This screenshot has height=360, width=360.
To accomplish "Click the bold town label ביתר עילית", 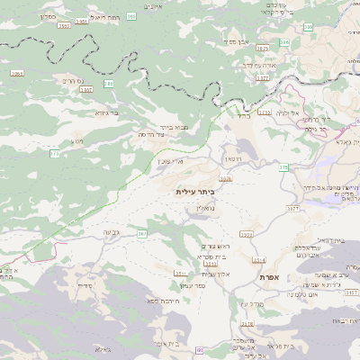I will point(195,192).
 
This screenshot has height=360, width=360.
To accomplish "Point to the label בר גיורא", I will point(107,113).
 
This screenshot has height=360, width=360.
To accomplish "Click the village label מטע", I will point(78,141).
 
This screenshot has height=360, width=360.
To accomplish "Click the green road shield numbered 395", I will point(131,16).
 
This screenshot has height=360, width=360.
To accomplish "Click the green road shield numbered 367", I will point(141,234).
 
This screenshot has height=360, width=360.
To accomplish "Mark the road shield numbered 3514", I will point(259,259).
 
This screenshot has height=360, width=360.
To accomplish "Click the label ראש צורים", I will point(216,247).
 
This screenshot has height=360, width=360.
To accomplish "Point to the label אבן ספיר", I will point(236,42).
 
